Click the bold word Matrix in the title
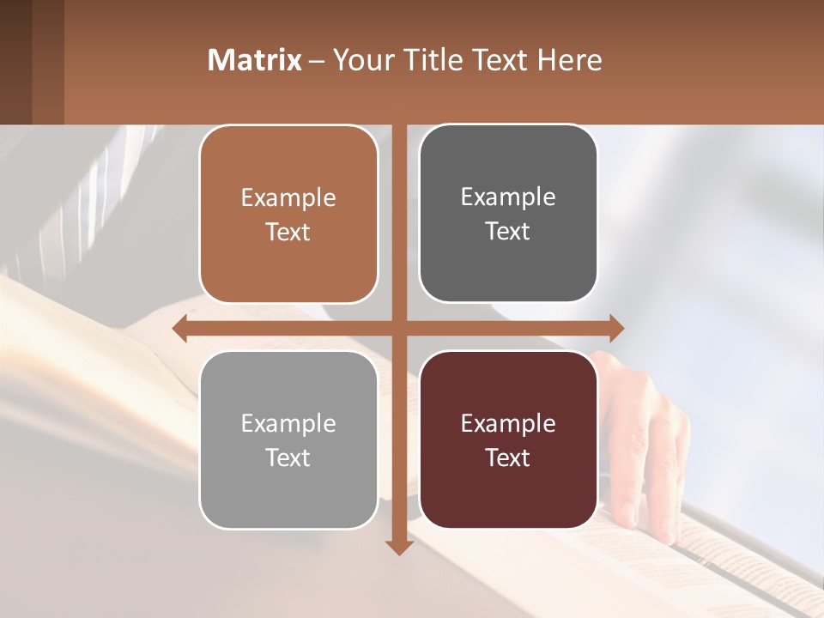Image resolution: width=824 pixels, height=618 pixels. point(255,60)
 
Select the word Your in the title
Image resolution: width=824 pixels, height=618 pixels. point(360,60)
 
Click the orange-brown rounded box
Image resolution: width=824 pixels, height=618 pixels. point(288,215)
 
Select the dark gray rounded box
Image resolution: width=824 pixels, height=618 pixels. point(508,214)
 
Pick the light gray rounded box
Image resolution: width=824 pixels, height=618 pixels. point(288,439)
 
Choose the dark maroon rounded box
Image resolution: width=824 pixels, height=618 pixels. point(508,439)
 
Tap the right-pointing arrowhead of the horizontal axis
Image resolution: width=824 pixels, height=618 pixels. point(615,328)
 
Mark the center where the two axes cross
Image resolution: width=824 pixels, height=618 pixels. point(398,328)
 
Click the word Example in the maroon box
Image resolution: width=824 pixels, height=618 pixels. point(508,423)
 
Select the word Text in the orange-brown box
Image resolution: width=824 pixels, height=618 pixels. point(288,233)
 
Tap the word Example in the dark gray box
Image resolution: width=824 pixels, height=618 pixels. point(508,197)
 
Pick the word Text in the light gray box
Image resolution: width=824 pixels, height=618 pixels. point(288,457)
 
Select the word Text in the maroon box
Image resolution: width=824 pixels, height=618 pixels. point(508,457)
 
